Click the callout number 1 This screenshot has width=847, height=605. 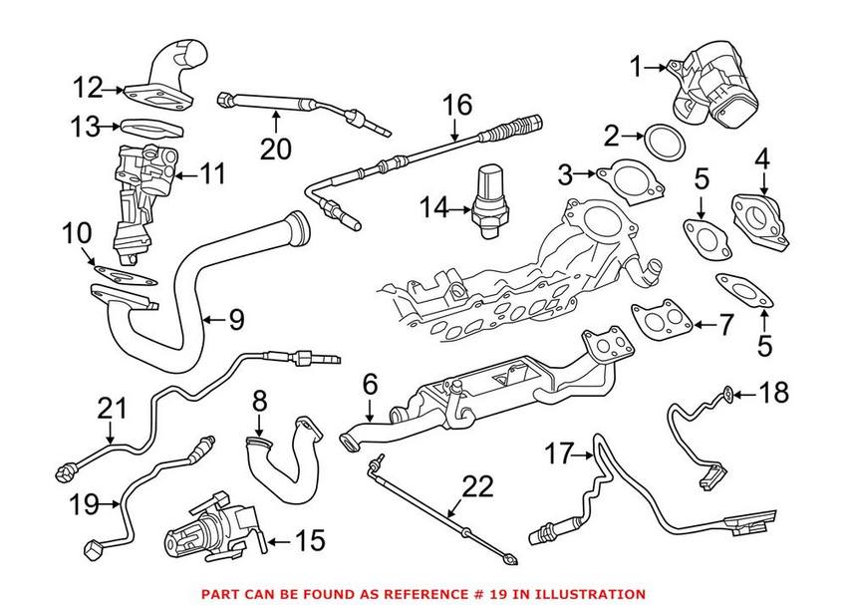(637, 67)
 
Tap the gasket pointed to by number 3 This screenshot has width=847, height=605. (626, 180)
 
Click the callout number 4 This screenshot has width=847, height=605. (763, 157)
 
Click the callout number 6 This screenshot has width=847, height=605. (371, 384)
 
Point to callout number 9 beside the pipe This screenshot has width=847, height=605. (235, 320)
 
